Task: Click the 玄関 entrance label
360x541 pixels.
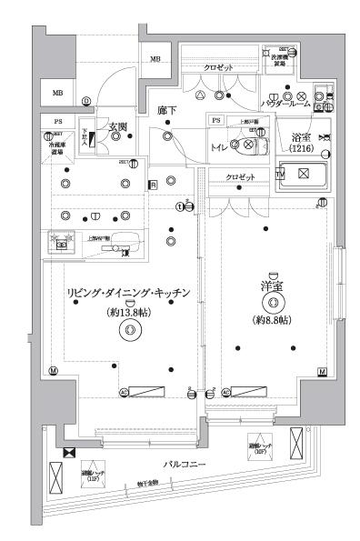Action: (118, 126)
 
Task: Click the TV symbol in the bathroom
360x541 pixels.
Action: (280, 173)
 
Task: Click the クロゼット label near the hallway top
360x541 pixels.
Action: (217, 67)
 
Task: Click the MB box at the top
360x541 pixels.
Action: (155, 60)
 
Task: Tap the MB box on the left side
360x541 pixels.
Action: (57, 93)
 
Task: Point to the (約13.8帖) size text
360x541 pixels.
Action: (128, 311)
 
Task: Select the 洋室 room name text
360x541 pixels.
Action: (270, 287)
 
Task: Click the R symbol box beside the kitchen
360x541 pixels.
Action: (153, 185)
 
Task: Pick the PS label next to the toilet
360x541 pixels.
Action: (216, 120)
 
